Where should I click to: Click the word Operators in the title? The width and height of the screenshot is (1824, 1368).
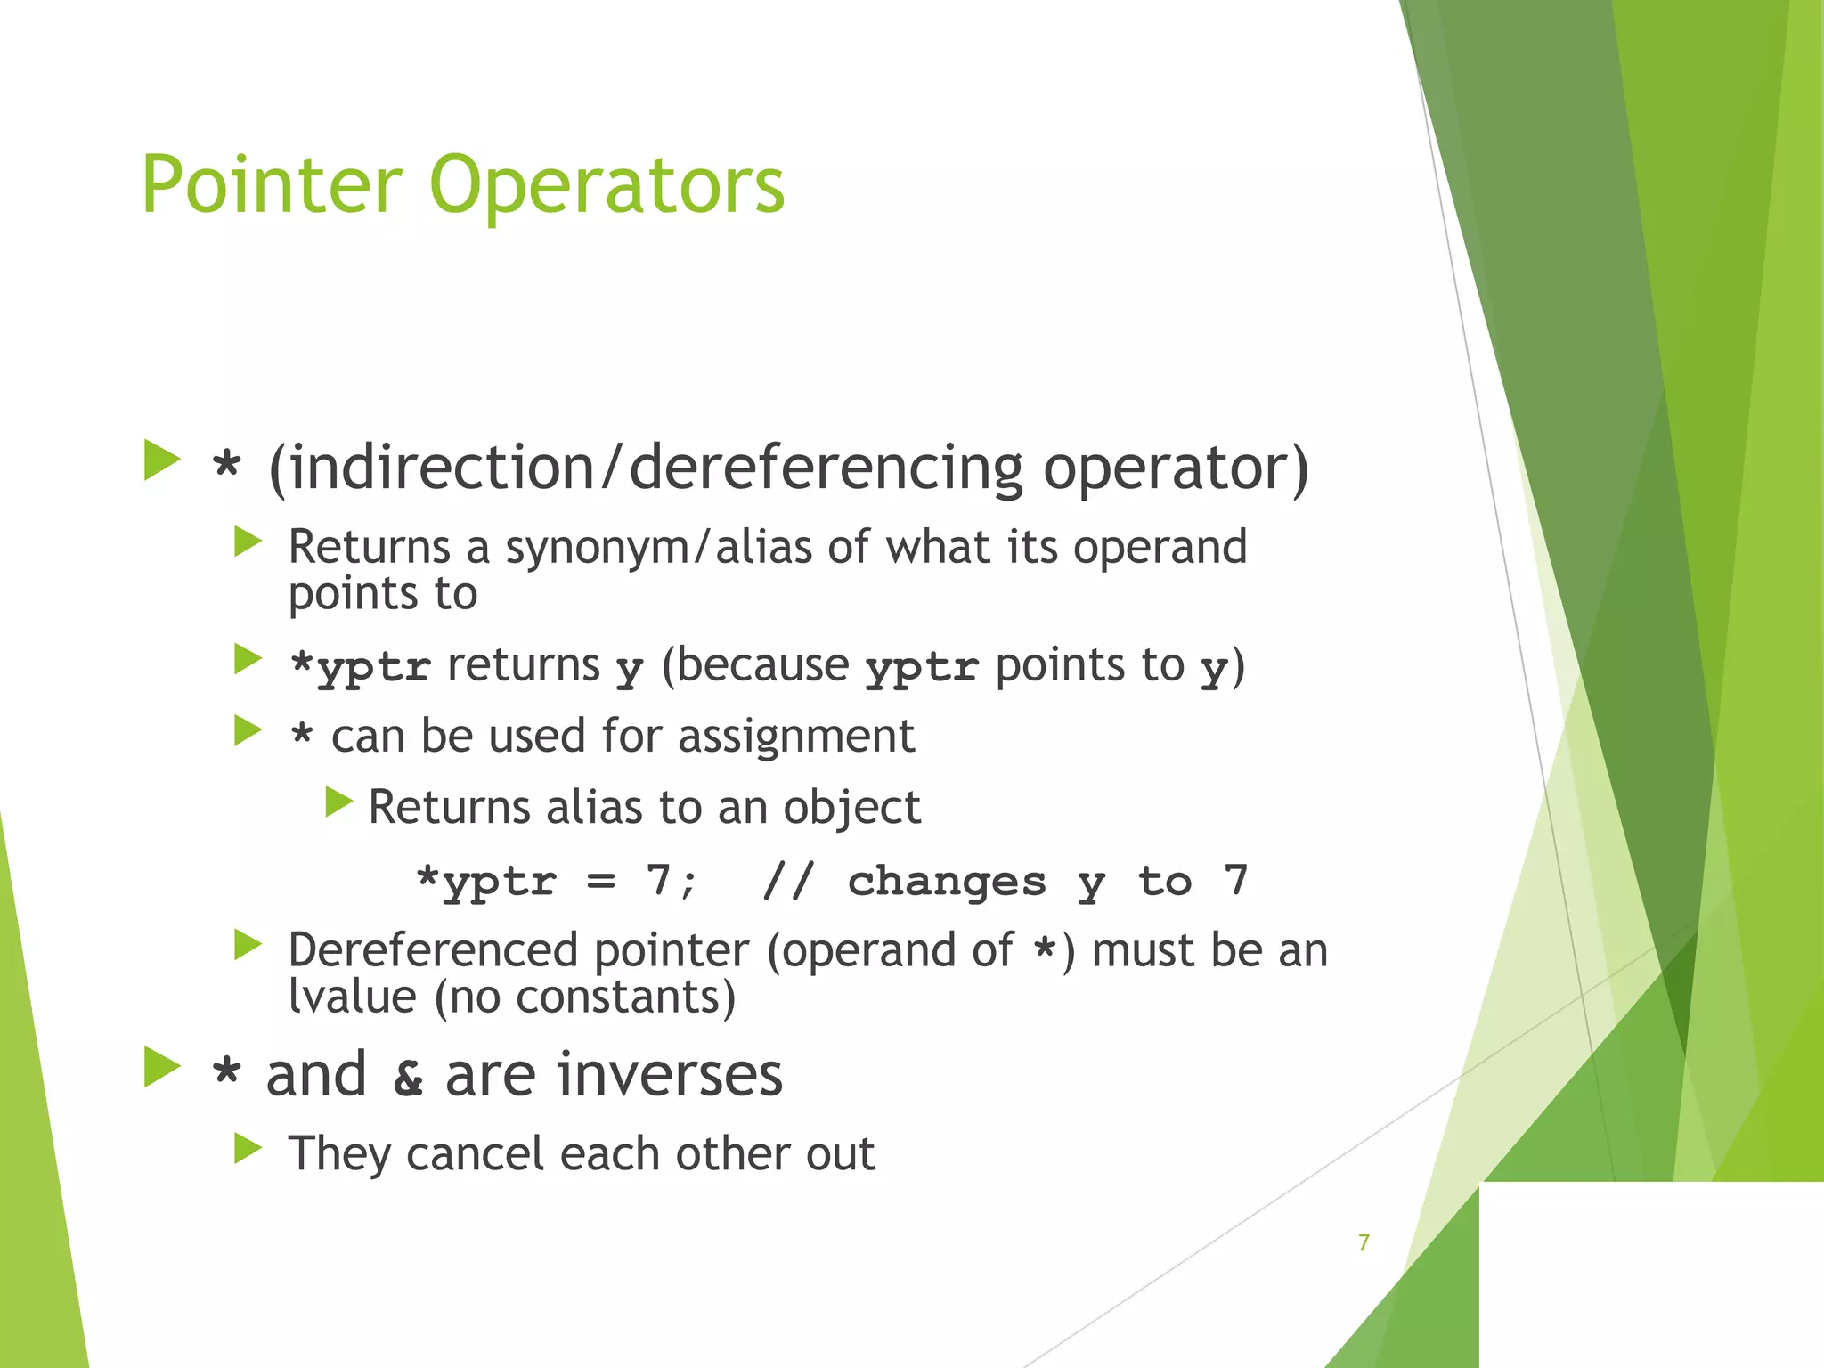pyautogui.click(x=607, y=187)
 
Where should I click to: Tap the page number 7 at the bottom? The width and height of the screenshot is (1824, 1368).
pyautogui.click(x=1364, y=1242)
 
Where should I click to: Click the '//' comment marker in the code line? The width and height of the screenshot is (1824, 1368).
pyautogui.click(x=788, y=882)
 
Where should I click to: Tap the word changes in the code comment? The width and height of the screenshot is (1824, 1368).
pyautogui.click(x=946, y=882)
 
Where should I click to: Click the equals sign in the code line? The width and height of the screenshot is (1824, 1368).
pyautogui.click(x=601, y=882)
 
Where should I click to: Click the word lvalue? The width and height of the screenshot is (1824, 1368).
pyautogui.click(x=352, y=997)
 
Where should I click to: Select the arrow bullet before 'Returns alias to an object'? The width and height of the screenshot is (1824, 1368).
pyautogui.click(x=338, y=802)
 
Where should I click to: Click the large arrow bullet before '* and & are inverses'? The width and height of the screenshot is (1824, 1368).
pyautogui.click(x=162, y=1067)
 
